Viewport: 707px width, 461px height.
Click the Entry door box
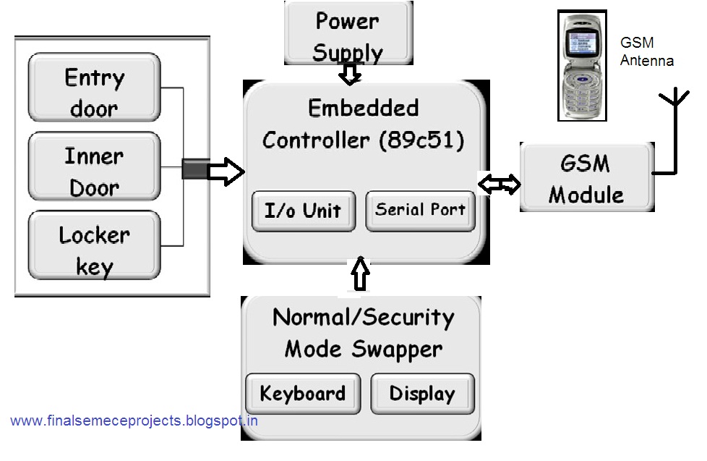click(94, 88)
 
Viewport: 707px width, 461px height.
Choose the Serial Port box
click(420, 210)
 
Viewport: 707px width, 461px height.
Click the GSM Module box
click(586, 178)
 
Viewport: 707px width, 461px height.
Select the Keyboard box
click(302, 394)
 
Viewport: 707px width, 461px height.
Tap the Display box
click(422, 394)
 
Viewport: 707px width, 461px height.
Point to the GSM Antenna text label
click(646, 52)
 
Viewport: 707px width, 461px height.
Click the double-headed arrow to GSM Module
click(499, 185)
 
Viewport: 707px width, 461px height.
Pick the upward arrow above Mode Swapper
click(359, 275)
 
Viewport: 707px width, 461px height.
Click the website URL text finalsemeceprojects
click(134, 420)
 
